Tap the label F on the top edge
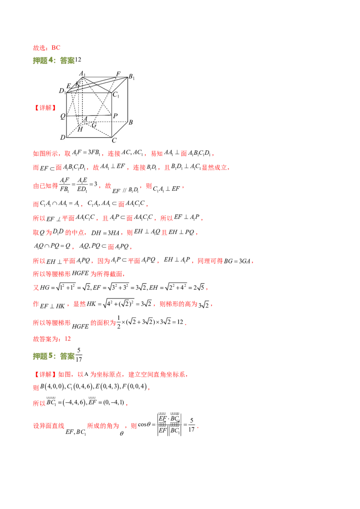(x=118, y=74)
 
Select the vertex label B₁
(x=131, y=77)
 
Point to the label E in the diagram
(x=68, y=86)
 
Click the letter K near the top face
(x=77, y=84)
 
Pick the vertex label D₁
(x=63, y=91)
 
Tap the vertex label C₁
(x=116, y=94)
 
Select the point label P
(x=115, y=116)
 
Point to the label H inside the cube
(x=80, y=129)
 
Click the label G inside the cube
(x=94, y=125)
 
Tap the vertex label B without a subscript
(x=130, y=122)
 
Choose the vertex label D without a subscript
(x=63, y=137)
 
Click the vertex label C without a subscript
(x=114, y=140)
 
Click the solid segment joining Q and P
(x=90, y=116)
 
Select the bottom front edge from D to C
(x=89, y=137)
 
